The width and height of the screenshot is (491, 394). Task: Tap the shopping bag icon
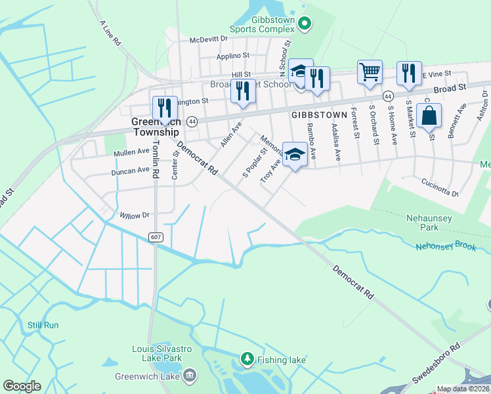coord(429,116)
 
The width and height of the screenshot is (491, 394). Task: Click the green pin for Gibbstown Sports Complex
coord(304,24)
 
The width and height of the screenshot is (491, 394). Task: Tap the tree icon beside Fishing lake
coord(247,359)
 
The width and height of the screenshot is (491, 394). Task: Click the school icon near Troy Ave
coord(295,155)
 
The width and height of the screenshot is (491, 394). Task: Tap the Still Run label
coord(43,325)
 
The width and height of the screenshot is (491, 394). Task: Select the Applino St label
coord(233,56)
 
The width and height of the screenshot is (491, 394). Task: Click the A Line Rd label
coord(110,32)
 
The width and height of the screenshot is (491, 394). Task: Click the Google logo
coord(22,386)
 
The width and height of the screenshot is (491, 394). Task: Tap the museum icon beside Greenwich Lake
coord(190,376)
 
